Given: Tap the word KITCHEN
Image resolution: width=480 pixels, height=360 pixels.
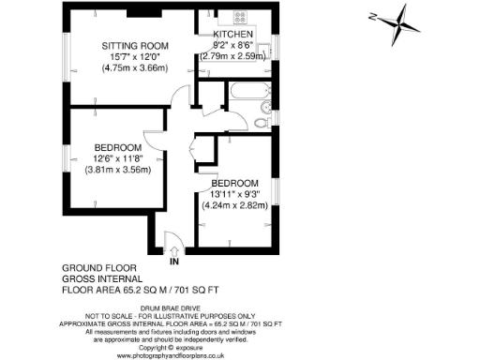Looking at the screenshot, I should [232, 35].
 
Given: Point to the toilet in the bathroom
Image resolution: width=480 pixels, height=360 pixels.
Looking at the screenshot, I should [266, 120].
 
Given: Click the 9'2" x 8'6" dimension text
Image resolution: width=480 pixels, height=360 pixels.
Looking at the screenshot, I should [232, 45].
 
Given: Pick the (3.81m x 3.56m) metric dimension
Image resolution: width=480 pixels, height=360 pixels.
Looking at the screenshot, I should [117, 170].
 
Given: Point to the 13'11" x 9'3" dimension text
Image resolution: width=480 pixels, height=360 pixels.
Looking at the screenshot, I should [234, 193].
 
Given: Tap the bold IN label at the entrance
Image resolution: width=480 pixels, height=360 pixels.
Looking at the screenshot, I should [174, 261].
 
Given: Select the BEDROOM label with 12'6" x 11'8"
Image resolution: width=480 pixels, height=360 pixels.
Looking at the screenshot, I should [117, 148].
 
